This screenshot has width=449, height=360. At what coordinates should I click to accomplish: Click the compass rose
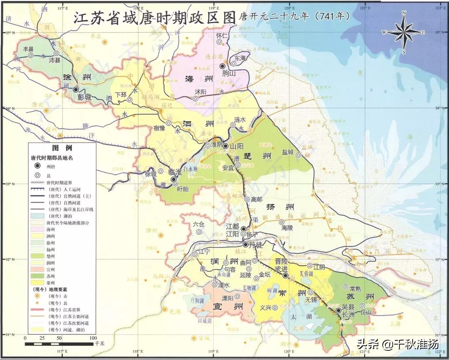pyautogui.click(x=404, y=32)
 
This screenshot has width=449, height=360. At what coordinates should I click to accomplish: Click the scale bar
pyautogui.click(x=59, y=344)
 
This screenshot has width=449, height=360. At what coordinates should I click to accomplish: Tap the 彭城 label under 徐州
pyautogui.click(x=84, y=97)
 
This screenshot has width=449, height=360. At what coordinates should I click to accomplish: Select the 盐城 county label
pyautogui.click(x=288, y=152)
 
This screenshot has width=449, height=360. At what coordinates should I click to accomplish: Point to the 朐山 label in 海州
pyautogui.click(x=230, y=74)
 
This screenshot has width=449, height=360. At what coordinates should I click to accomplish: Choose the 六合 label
pyautogui.click(x=199, y=224)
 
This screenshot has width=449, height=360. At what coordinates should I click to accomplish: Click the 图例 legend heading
pyautogui.click(x=62, y=148)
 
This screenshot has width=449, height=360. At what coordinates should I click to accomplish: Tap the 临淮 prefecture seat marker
pyautogui.click(x=173, y=179)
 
